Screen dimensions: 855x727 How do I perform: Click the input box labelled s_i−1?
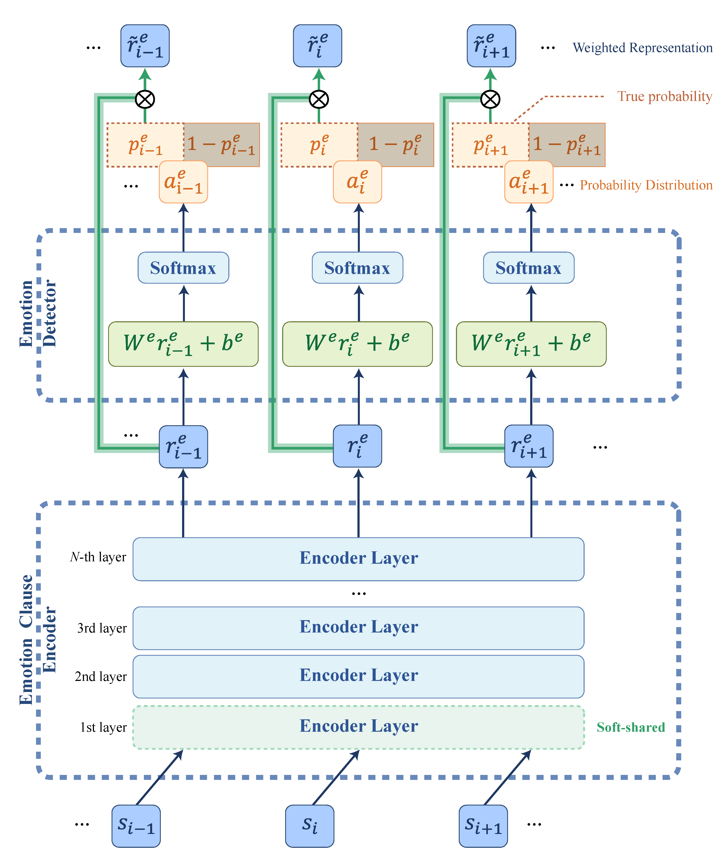[x=136, y=826]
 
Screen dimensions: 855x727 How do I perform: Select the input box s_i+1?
[x=483, y=826]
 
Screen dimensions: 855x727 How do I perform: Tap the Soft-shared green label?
[x=631, y=727]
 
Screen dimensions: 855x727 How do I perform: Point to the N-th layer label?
[x=98, y=557]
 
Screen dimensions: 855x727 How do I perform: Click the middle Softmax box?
[x=357, y=268]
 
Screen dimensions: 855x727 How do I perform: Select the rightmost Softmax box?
[x=528, y=268]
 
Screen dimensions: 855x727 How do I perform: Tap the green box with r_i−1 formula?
[x=183, y=344]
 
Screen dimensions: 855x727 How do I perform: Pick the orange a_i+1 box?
[x=529, y=182]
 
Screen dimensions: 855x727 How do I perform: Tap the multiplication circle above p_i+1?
[x=490, y=99]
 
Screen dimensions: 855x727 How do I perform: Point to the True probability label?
[x=664, y=96]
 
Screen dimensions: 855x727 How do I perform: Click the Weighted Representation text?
[x=642, y=48]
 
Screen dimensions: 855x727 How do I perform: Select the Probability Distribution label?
[x=646, y=185]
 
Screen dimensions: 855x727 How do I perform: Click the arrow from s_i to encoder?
[x=336, y=777]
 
